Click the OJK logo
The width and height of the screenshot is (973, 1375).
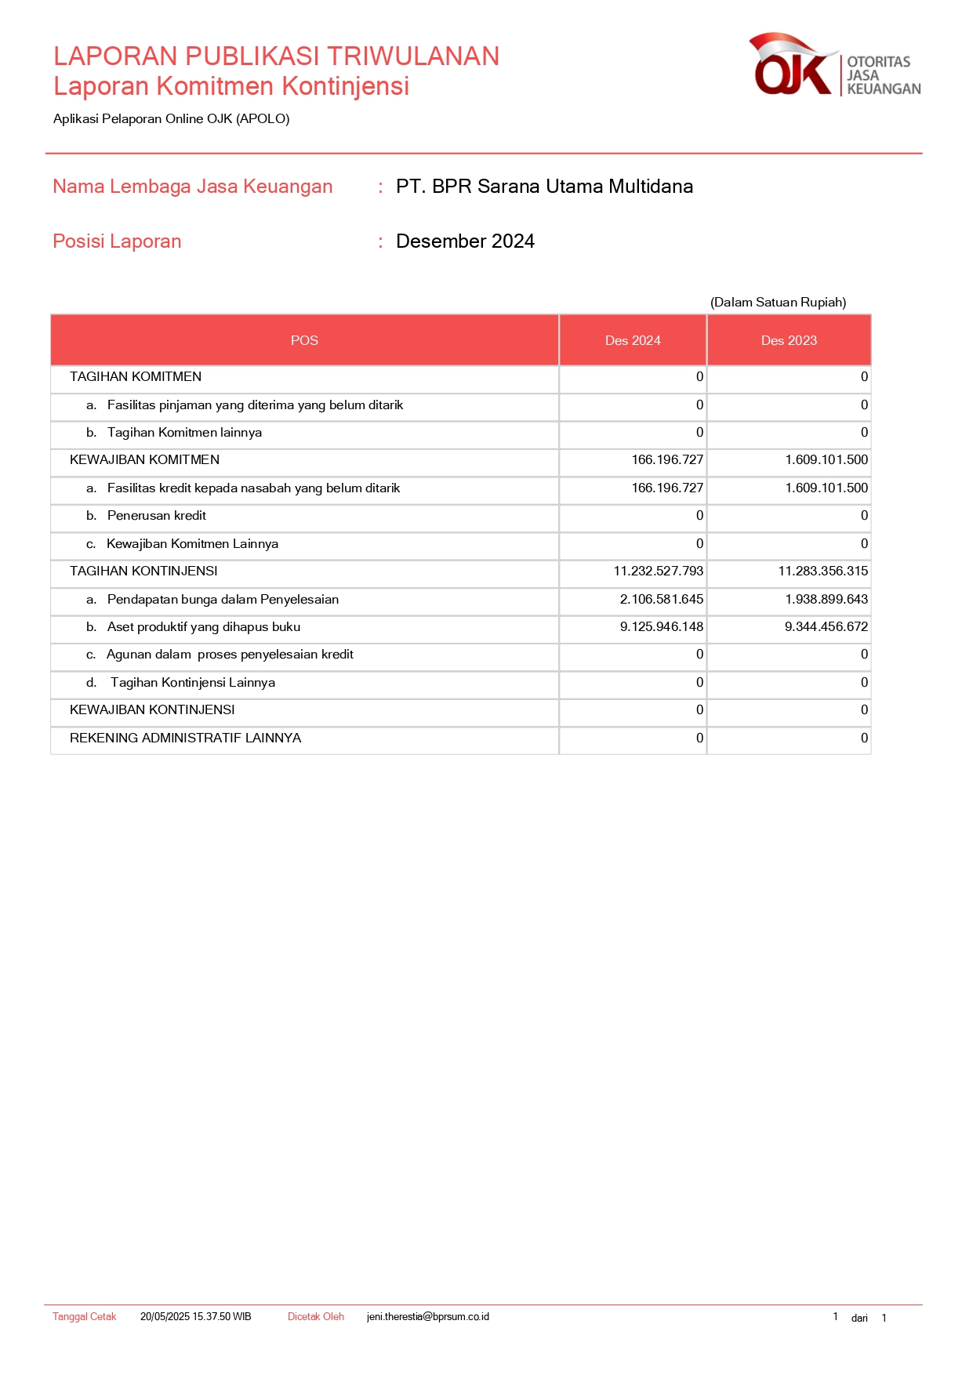[833, 66]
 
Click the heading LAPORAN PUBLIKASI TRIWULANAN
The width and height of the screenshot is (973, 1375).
[276, 56]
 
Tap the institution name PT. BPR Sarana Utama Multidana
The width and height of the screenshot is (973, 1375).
[544, 187]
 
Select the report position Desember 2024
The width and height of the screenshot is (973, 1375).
[465, 241]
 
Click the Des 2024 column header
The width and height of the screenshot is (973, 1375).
[633, 340]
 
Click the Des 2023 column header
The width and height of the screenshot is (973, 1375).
[789, 340]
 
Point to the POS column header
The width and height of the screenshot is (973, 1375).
[304, 340]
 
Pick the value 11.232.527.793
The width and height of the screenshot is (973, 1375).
[658, 571]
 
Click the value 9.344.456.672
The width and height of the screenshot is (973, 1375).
[826, 627]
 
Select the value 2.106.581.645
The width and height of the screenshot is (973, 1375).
[661, 600]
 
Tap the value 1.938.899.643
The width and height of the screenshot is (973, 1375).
[826, 600]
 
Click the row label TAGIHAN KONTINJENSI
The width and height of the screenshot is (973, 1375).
[143, 571]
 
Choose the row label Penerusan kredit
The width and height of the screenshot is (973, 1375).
[157, 516]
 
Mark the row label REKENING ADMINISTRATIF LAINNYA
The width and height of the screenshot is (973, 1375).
[185, 738]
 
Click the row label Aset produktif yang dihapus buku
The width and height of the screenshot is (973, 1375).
[204, 627]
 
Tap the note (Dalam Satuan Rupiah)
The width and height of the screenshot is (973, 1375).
[778, 303]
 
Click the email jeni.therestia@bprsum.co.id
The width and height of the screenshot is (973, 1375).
[427, 1317]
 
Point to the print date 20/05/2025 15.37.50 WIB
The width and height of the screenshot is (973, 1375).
[195, 1317]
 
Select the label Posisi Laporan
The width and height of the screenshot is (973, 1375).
[117, 241]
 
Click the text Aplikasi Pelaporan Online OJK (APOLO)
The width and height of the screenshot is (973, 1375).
[171, 119]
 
